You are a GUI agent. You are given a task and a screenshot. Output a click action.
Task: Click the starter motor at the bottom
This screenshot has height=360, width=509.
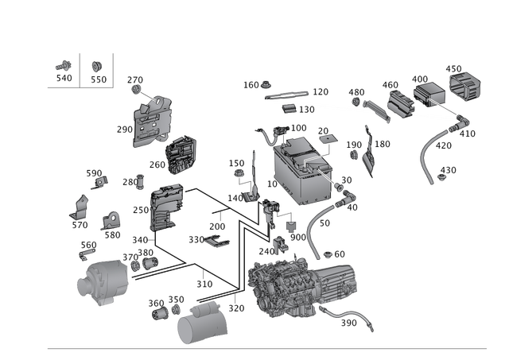pyautogui.click(x=200, y=323)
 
